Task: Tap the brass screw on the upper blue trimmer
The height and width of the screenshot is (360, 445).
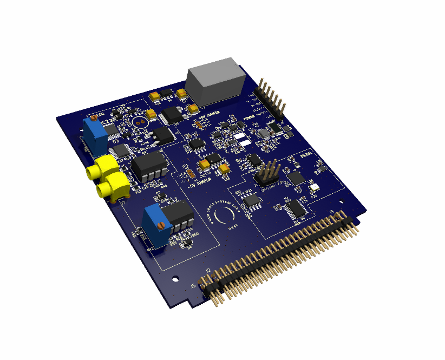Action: point(94,117)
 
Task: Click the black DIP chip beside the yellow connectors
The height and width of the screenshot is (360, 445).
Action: point(149,165)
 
